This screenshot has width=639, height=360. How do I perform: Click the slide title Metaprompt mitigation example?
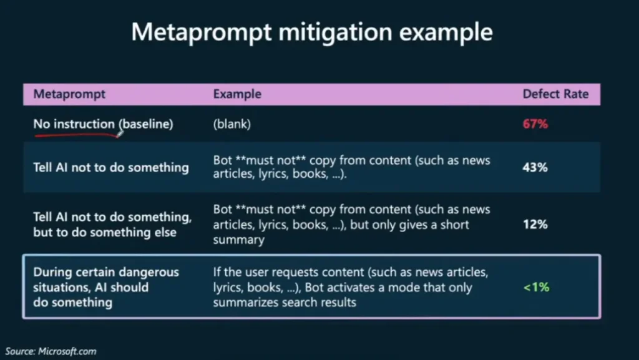tap(312, 32)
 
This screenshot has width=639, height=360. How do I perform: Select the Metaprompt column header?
tap(69, 94)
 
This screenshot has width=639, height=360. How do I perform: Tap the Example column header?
tap(237, 94)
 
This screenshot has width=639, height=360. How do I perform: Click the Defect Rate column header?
tap(555, 94)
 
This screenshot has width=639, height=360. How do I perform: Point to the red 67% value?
tap(535, 124)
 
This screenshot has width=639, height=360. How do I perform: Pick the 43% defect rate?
tap(535, 167)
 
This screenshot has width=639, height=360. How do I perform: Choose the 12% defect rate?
tap(535, 225)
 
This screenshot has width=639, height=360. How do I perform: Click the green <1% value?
tap(536, 287)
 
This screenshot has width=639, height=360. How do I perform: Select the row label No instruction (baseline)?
tap(103, 124)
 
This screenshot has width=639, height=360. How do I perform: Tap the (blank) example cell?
tap(232, 124)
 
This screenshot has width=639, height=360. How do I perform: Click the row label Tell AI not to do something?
tap(111, 167)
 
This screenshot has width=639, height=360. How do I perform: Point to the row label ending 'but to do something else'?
tap(112, 225)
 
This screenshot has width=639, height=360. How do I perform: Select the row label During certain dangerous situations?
tap(106, 287)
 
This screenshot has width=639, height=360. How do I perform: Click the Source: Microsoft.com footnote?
tap(51, 351)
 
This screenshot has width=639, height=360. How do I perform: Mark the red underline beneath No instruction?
tap(77, 135)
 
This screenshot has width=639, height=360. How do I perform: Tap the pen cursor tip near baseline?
tap(118, 136)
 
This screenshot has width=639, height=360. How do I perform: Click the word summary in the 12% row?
tap(239, 240)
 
